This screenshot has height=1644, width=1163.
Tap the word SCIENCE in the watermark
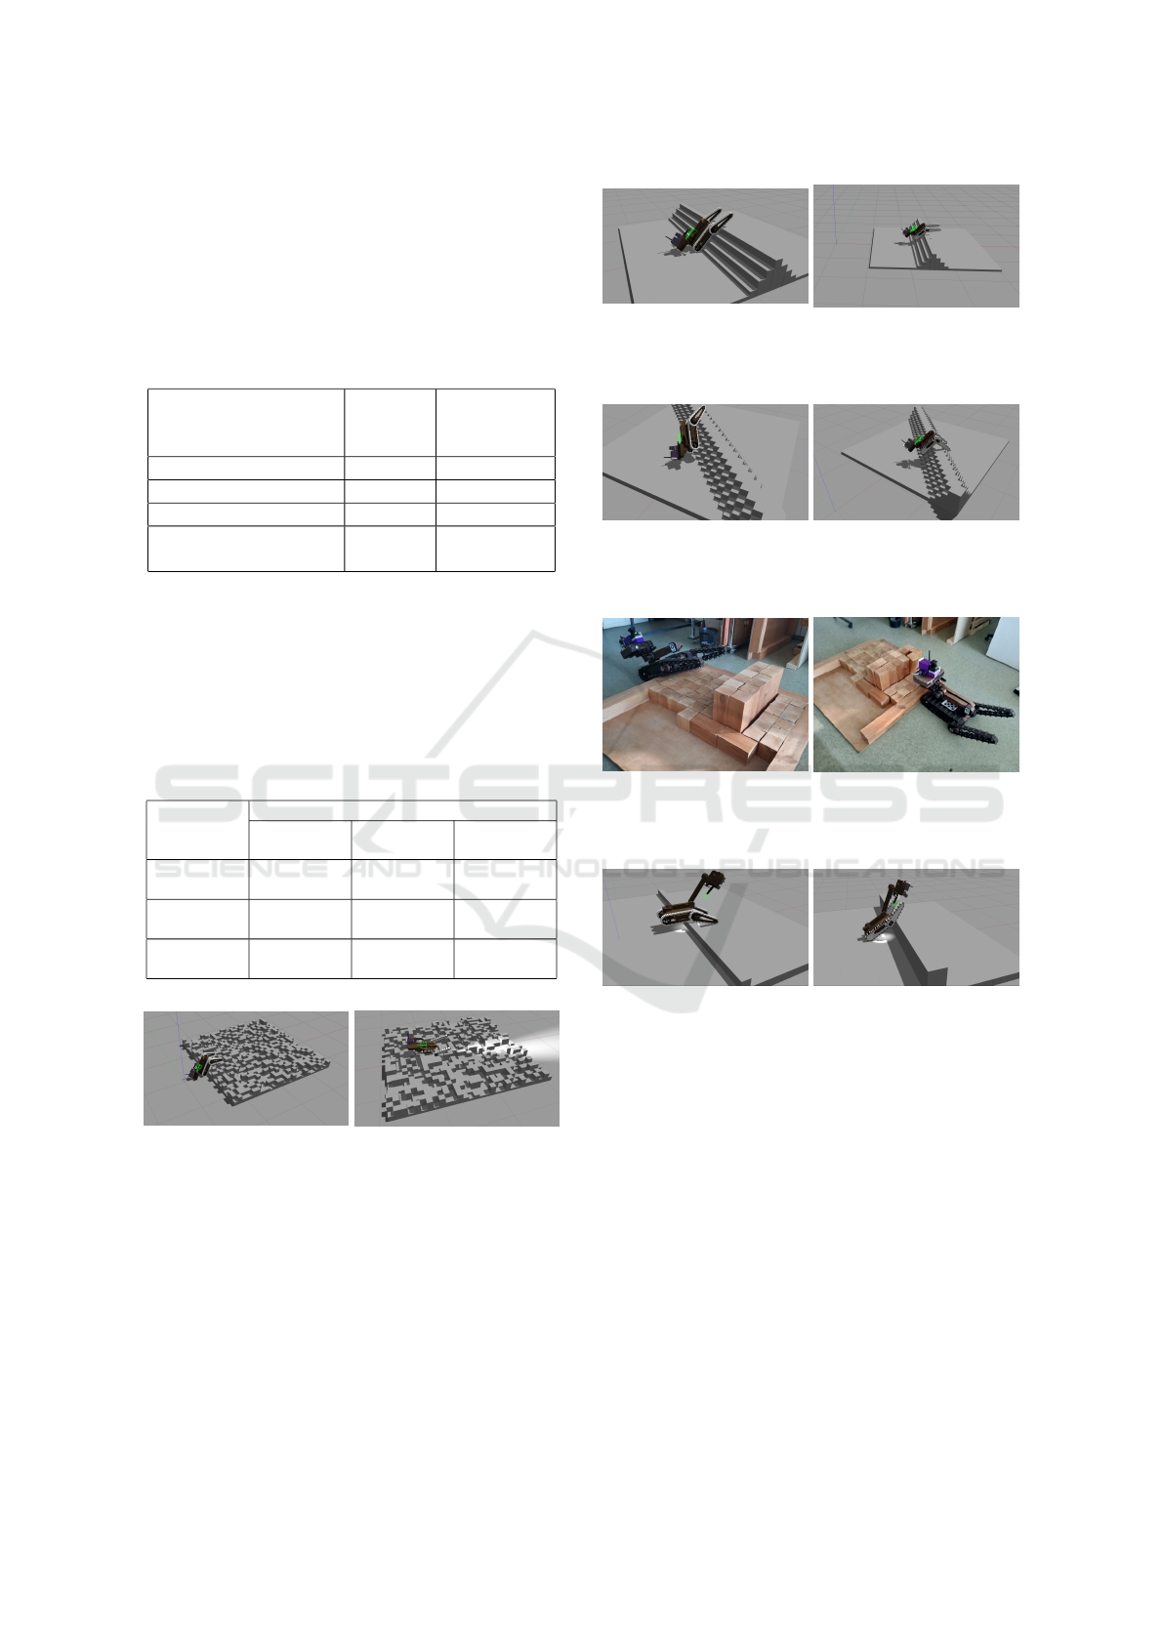241,869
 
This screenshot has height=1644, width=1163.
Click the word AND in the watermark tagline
382,869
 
